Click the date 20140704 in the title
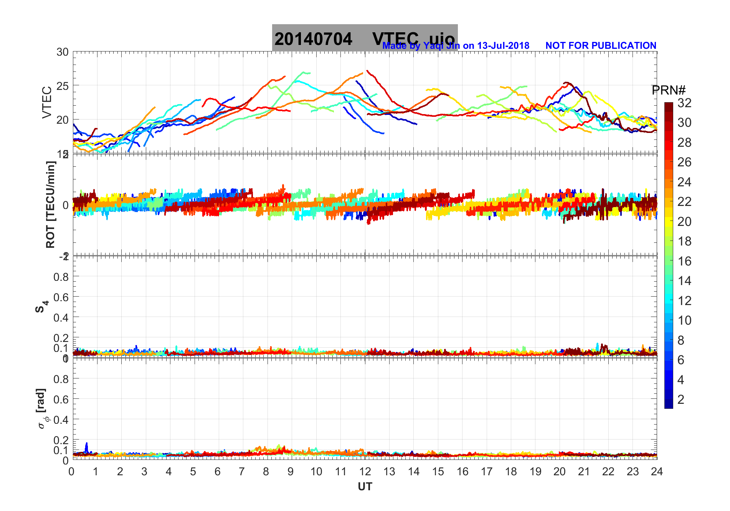(313, 39)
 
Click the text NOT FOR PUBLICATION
(601, 46)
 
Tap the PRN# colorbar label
(668, 90)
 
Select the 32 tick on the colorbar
(684, 103)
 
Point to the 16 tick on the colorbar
(684, 261)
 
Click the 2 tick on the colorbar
(681, 400)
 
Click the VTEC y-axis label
(47, 102)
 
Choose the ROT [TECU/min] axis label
(50, 204)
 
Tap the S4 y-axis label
(42, 307)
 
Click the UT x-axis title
(365, 487)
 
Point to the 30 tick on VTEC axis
(63, 52)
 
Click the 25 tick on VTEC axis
(63, 86)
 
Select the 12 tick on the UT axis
(365, 471)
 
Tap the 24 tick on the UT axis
(657, 471)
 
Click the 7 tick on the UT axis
(242, 471)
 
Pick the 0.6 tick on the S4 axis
(61, 297)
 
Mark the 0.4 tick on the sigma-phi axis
(61, 420)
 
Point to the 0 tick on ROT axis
(66, 205)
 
